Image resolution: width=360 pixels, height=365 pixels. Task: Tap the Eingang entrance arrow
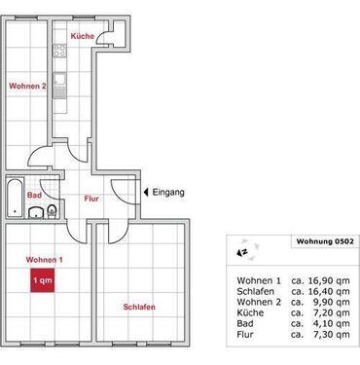pyautogui.click(x=145, y=192)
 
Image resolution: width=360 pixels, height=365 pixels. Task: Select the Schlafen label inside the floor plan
pyautogui.click(x=140, y=308)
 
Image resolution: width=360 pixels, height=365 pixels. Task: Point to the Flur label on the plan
pyautogui.click(x=90, y=200)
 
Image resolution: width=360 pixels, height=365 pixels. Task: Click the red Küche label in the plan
pyautogui.click(x=82, y=35)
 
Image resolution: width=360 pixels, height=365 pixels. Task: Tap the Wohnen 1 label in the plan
pyautogui.click(x=45, y=260)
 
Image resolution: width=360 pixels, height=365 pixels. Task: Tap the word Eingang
pyautogui.click(x=169, y=192)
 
